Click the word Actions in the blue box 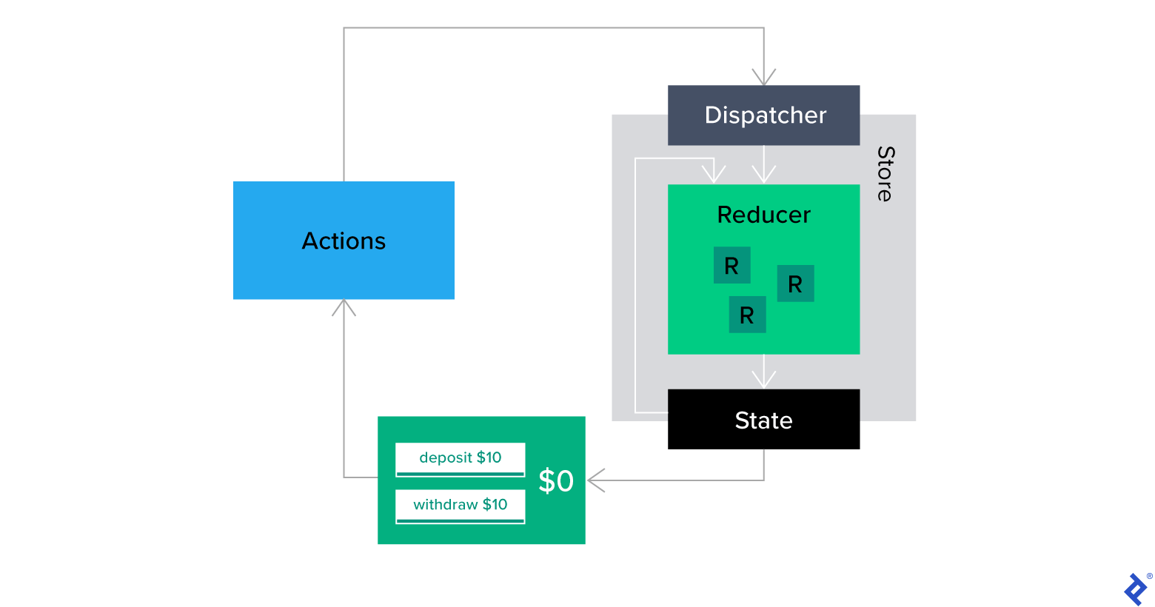[344, 241]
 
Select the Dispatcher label [765, 115]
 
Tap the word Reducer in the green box [763, 215]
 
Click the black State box [763, 420]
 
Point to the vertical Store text [885, 174]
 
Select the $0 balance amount [556, 481]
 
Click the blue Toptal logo [1136, 590]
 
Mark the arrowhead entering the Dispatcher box [763, 78]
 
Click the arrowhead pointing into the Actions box [344, 307]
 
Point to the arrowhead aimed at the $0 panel [596, 480]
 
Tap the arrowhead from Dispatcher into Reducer [763, 175]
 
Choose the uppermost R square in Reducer [731, 265]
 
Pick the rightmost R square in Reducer [795, 284]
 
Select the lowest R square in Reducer [747, 315]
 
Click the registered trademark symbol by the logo [1149, 576]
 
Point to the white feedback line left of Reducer [635, 296]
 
